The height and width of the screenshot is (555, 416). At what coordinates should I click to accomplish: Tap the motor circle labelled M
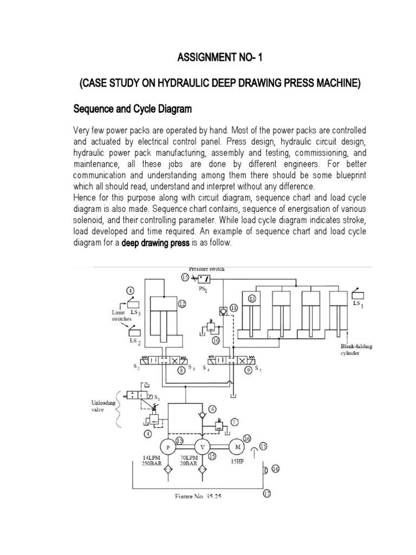pyautogui.click(x=237, y=447)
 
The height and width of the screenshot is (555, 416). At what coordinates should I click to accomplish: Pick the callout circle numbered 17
pyautogui.click(x=266, y=494)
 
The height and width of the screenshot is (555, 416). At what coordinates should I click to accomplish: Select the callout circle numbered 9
pyautogui.click(x=249, y=371)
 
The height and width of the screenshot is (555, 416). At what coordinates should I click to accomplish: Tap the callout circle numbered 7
pyautogui.click(x=234, y=421)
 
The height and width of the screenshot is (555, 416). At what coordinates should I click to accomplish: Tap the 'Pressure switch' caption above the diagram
pyautogui.click(x=206, y=269)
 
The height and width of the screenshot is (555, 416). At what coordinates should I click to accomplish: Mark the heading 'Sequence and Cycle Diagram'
pyautogui.click(x=132, y=109)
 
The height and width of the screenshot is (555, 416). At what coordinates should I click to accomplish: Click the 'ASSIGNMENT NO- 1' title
pyautogui.click(x=207, y=59)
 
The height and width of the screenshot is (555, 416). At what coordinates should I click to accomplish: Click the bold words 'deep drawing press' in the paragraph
pyautogui.click(x=155, y=243)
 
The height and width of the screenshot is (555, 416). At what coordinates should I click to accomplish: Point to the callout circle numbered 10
pyautogui.click(x=216, y=341)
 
